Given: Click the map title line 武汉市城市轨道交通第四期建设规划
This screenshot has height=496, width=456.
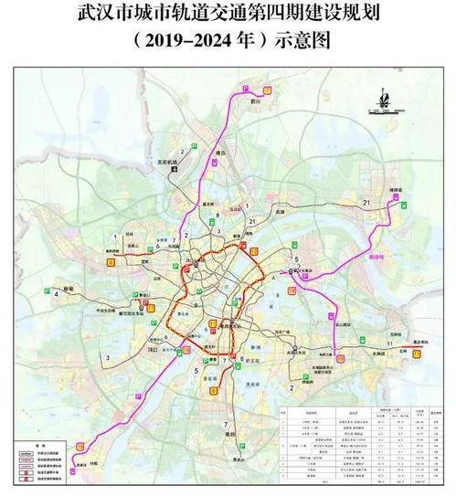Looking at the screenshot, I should [x=228, y=16].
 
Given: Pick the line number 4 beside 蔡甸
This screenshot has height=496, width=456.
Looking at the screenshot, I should [x=56, y=294].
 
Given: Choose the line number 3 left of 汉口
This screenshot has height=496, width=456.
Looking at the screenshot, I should [x=108, y=355].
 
